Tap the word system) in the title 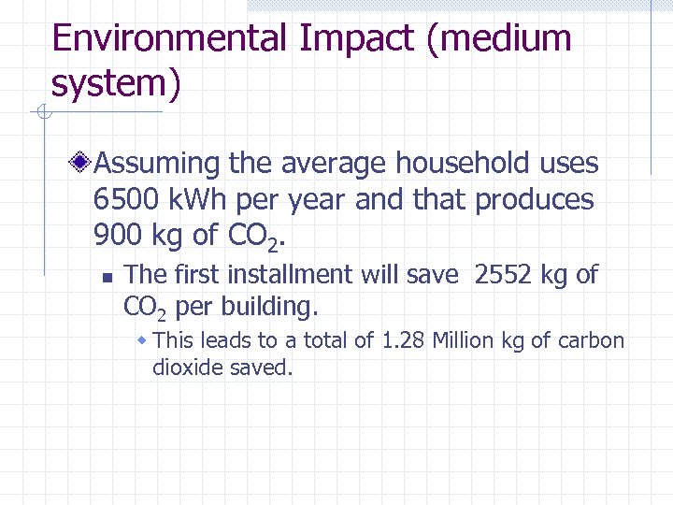coord(115,84)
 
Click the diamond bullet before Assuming coord(84,164)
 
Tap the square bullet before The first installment coord(107,277)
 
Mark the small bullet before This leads coord(142,339)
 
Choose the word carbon coord(591,340)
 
